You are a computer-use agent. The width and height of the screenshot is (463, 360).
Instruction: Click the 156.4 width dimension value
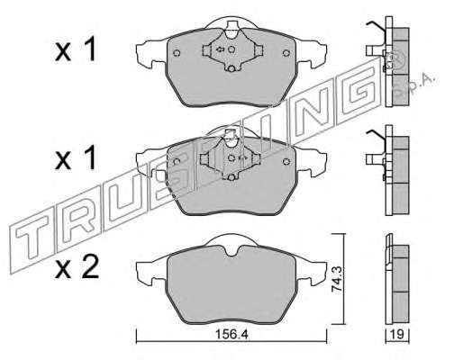231,334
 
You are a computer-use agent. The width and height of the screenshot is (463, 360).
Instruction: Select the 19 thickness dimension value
397,334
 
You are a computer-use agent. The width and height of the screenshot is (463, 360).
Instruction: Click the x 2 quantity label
77,266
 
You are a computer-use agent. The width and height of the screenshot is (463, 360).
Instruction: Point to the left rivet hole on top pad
177,53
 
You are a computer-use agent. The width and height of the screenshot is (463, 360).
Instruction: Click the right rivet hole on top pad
286,53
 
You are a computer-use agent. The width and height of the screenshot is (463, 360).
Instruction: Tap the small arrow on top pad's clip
220,49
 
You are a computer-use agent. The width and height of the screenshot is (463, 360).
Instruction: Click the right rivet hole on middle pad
286,162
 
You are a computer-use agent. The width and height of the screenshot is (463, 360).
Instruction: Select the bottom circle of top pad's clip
231,69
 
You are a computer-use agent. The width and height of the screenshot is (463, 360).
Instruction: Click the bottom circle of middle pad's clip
231,177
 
